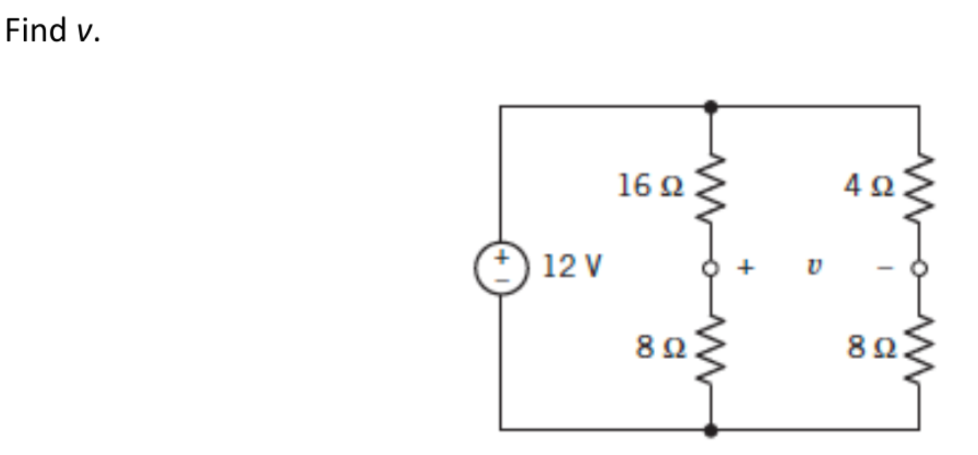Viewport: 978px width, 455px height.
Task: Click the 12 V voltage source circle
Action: coord(500,268)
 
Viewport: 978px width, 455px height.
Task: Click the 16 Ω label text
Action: coord(651,186)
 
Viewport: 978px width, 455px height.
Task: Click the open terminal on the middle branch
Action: coord(711,268)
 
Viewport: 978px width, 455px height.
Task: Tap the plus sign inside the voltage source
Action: coord(501,257)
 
